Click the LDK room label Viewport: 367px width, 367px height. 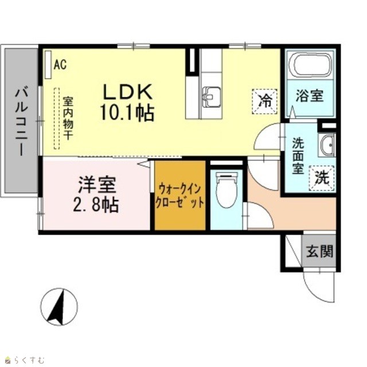[127, 92]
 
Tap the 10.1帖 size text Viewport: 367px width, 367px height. [127, 112]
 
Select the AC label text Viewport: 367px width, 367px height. [60, 65]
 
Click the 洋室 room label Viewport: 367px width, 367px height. [97, 185]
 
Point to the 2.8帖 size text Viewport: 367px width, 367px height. [96, 205]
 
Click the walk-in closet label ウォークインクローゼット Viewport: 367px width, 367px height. [179, 196]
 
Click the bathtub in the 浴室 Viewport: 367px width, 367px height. [310, 65]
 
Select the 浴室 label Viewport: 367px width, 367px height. [310, 95]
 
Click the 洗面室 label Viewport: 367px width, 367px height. [298, 155]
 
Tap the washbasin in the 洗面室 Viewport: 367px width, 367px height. [327, 145]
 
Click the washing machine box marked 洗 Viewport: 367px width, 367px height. [322, 178]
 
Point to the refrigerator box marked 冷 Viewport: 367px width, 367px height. [264, 101]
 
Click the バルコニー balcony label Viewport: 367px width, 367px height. [22, 121]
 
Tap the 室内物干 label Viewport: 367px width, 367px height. [68, 119]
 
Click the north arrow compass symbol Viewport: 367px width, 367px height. [59, 307]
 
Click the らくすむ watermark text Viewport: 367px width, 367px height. [25, 360]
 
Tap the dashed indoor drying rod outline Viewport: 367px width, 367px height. [57, 119]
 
